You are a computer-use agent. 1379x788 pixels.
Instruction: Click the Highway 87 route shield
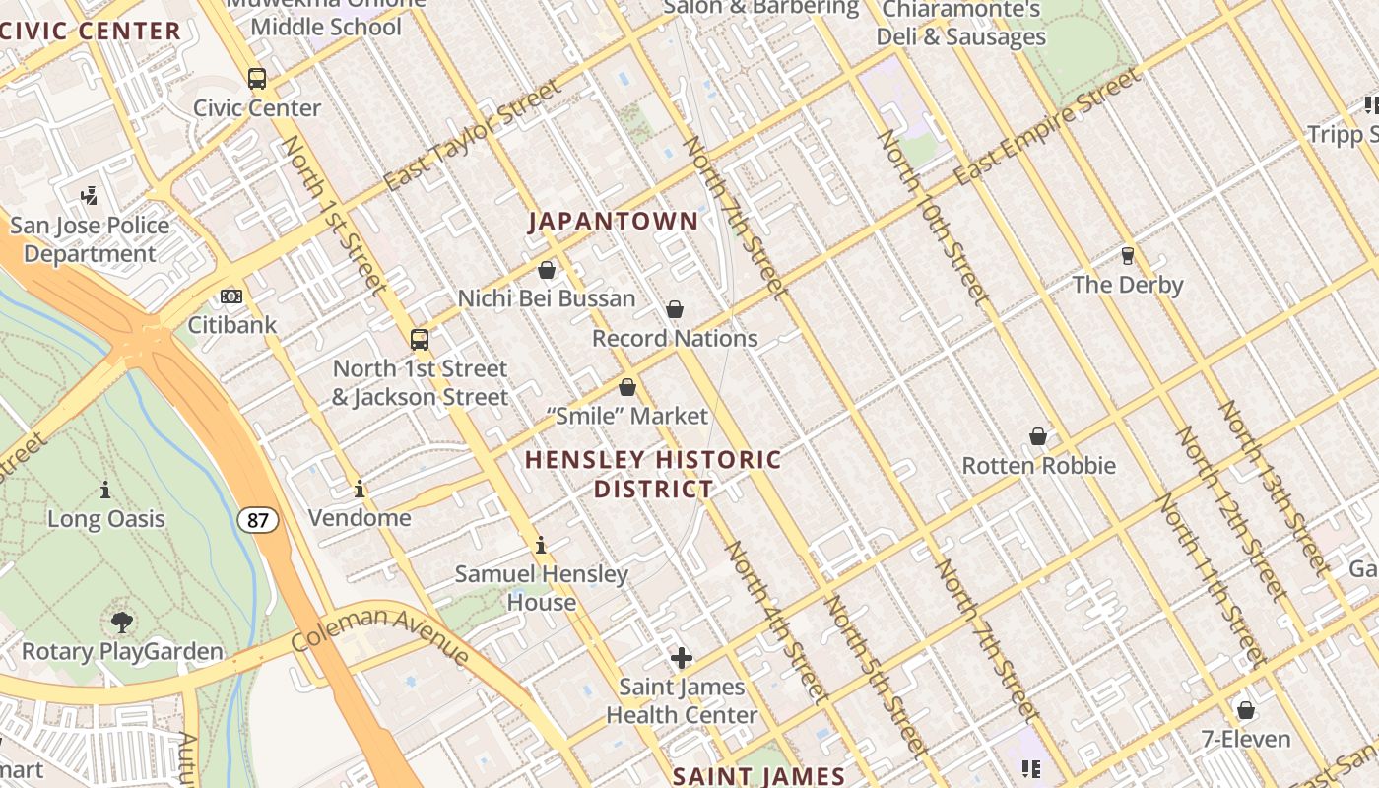pos(257,520)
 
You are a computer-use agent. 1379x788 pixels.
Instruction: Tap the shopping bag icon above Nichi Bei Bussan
pos(547,270)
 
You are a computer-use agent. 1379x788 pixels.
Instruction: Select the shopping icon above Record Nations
pos(675,310)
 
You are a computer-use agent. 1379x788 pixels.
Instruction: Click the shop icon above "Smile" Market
pos(627,387)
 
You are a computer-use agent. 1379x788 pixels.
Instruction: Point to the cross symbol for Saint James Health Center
pos(681,658)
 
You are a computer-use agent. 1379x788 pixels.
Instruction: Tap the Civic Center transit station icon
pos(257,79)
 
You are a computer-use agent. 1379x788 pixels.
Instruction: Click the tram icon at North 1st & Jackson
pos(420,340)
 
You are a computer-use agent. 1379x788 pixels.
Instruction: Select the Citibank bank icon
pos(231,295)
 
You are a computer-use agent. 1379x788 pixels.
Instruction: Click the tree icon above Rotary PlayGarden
pos(122,623)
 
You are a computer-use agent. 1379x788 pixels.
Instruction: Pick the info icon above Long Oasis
pos(105,490)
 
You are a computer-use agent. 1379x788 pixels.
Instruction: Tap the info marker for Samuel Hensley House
pos(540,545)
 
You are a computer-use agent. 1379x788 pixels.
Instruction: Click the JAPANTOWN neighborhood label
pos(613,221)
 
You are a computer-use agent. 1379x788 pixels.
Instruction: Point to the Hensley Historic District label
pos(653,474)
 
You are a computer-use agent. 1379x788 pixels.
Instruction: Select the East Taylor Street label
pos(472,136)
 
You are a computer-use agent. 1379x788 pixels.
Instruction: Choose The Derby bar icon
pos(1128,256)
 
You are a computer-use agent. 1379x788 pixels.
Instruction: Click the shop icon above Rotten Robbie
pos(1038,436)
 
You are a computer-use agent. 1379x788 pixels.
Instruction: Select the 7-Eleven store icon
pos(1246,710)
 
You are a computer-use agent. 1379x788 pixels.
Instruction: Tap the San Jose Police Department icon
pos(90,196)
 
